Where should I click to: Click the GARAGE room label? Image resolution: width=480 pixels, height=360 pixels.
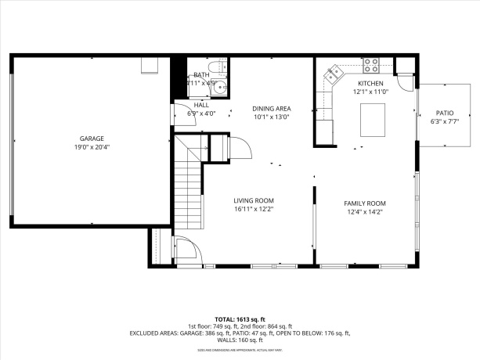pos(92,139)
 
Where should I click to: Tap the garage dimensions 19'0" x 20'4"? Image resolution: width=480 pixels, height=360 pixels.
pos(92,147)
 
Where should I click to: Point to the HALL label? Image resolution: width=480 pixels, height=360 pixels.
pos(201,105)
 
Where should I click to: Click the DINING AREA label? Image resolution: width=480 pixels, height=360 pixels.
pos(271,109)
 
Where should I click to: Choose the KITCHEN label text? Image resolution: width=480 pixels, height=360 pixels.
pos(370,83)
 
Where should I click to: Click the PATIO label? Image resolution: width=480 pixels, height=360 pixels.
pos(444,113)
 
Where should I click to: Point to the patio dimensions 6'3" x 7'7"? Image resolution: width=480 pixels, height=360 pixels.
pos(444,121)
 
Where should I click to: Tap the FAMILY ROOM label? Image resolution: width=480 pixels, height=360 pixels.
pos(366,203)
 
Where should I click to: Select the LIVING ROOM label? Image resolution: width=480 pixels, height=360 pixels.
pos(253,200)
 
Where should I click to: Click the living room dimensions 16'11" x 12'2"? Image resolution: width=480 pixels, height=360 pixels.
pos(253,209)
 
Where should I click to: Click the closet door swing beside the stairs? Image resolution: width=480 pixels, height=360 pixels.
pos(239,148)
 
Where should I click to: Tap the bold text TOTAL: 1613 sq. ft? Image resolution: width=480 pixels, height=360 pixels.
pos(240,319)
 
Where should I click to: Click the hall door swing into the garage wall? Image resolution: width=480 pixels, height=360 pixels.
pos(182,112)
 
